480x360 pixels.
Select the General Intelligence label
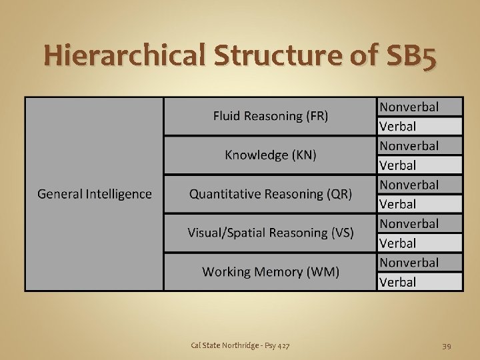tap(94, 194)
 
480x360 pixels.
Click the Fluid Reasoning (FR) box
tap(270, 116)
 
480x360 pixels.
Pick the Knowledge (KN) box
tap(270, 155)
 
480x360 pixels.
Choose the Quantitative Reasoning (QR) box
tap(270, 194)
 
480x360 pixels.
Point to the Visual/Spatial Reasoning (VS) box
tap(270, 233)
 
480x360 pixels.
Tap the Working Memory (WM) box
tap(270, 272)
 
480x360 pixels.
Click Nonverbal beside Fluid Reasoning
tap(409, 107)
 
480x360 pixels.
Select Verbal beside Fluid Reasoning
tap(398, 126)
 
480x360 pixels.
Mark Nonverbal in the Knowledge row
tap(409, 145)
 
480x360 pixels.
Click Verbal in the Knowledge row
tap(398, 165)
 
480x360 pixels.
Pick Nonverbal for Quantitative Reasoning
tap(409, 185)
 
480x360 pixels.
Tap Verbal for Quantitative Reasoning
tap(398, 204)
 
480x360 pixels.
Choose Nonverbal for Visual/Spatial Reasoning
tap(409, 223)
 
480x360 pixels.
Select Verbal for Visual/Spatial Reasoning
tap(398, 243)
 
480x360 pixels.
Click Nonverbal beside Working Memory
tap(409, 263)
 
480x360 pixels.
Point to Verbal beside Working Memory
tap(398, 282)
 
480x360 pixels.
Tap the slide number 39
tap(447, 345)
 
